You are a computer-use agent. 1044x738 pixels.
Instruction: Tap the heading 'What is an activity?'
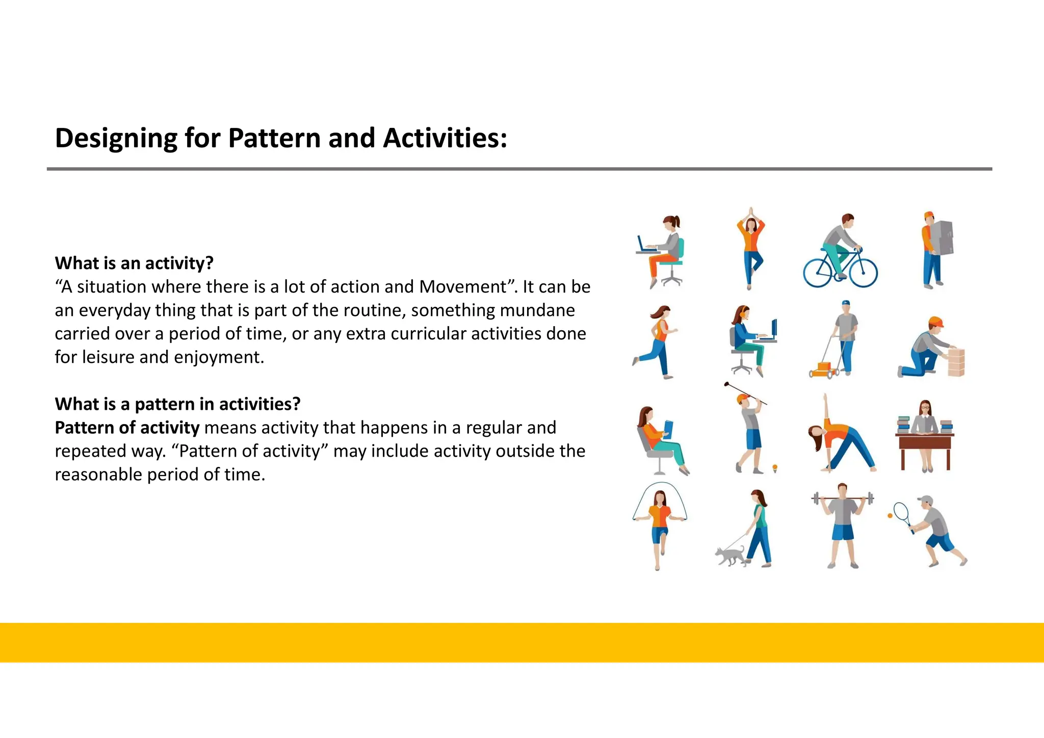[x=134, y=263]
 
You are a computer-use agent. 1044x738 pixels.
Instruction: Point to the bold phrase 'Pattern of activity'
[x=127, y=428]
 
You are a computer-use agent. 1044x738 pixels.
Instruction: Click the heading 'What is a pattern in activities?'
[x=177, y=404]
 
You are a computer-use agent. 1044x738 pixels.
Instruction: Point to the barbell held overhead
[x=843, y=498]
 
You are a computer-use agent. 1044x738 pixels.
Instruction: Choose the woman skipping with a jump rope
[x=660, y=528]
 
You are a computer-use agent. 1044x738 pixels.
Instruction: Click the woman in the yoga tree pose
[x=750, y=249]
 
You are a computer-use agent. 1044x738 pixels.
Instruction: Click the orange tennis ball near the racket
[x=890, y=516]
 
